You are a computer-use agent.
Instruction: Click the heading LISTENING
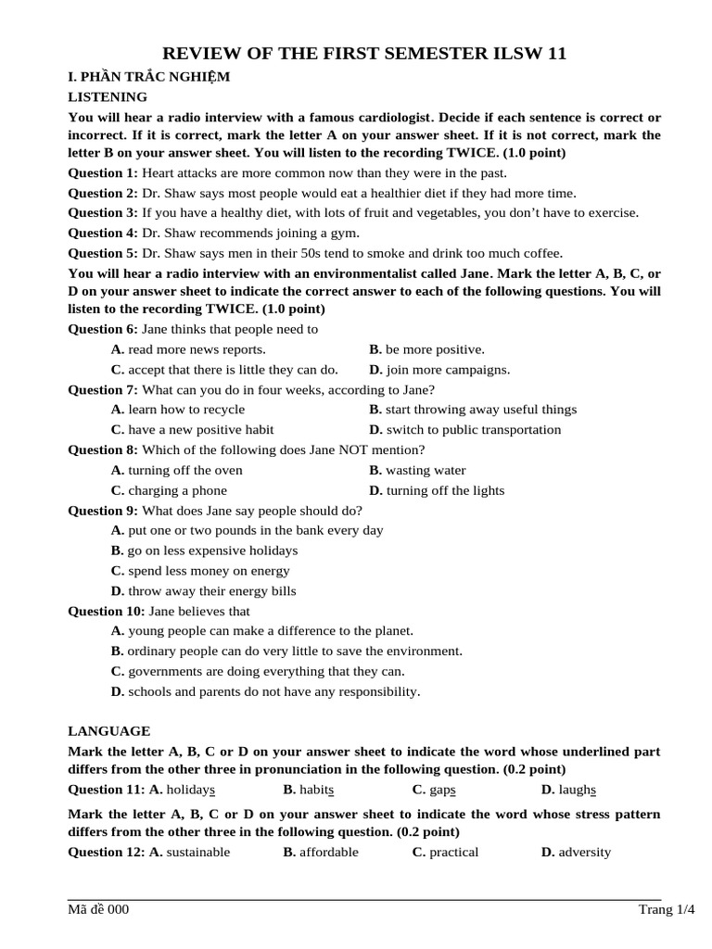(x=108, y=96)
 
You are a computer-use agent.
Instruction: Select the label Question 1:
(x=103, y=172)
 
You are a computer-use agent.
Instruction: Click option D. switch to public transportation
(x=464, y=429)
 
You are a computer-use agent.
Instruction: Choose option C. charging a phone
(x=169, y=490)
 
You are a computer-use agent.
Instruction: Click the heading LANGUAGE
(x=109, y=731)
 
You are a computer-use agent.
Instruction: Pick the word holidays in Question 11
(x=191, y=790)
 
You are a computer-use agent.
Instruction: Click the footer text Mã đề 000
(x=98, y=909)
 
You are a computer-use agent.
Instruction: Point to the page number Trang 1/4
(x=666, y=909)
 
